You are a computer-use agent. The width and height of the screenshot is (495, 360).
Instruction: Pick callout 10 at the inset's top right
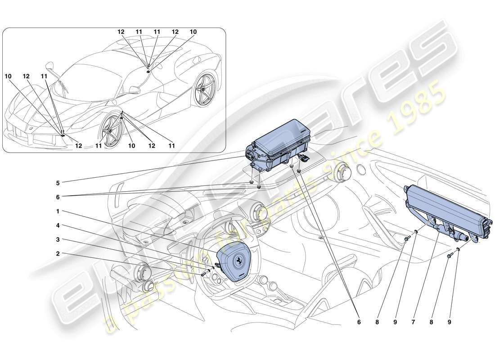[193, 32]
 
